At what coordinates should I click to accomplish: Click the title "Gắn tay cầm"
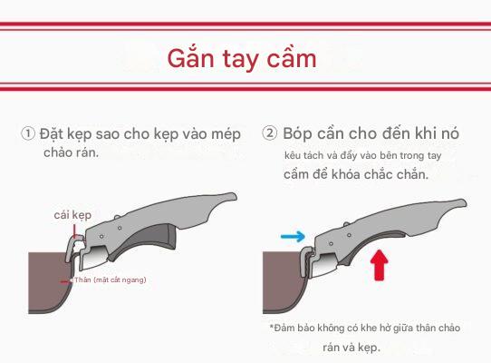pos(242,59)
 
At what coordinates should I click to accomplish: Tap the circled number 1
pos(28,133)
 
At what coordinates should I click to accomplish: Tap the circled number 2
pos(269,132)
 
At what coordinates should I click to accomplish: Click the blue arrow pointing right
pos(293,236)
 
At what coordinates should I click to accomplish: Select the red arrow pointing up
pos(380,265)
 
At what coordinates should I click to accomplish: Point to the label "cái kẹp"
pos(72,215)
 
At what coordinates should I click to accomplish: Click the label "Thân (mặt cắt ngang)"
pos(111,280)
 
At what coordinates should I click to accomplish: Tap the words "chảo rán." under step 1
pos(71,152)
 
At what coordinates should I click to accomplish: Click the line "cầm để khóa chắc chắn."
pos(356,174)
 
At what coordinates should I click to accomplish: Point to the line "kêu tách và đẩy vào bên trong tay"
pos(363,155)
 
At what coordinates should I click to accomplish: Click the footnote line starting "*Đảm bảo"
pos(365,328)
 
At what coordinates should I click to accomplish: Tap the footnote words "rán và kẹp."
pos(351,348)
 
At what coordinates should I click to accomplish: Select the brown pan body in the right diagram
pos(281,282)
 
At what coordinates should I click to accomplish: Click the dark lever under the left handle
pos(147,241)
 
